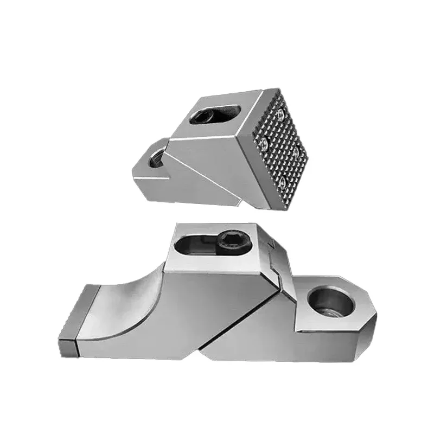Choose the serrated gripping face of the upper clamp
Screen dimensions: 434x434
coord(279,146)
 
